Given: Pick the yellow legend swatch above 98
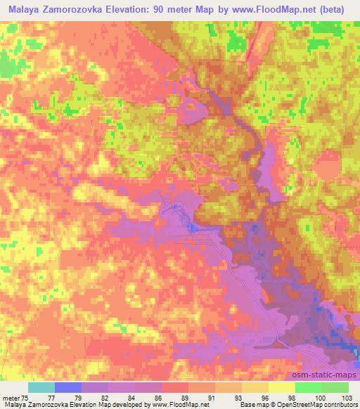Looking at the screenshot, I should tap(281, 387).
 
